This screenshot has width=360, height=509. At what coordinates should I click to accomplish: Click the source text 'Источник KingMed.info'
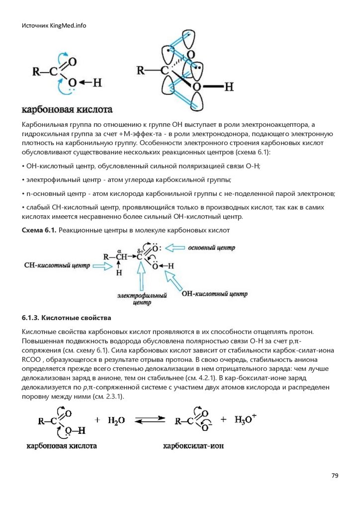(54, 26)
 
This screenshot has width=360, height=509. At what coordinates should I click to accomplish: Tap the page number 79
(335, 476)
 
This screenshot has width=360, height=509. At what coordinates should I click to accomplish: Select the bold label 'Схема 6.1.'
(39, 231)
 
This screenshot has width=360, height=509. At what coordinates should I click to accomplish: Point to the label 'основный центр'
(212, 248)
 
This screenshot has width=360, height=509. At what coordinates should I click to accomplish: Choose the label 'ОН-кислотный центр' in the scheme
(214, 294)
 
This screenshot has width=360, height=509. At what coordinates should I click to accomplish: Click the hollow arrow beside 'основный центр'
(175, 248)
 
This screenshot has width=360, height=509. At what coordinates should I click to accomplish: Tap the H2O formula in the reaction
(116, 421)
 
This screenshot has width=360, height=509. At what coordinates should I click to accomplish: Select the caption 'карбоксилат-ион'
(193, 446)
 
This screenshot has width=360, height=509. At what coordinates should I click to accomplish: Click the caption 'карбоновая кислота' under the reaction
(62, 446)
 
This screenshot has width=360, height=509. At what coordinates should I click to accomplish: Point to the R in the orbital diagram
(141, 70)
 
